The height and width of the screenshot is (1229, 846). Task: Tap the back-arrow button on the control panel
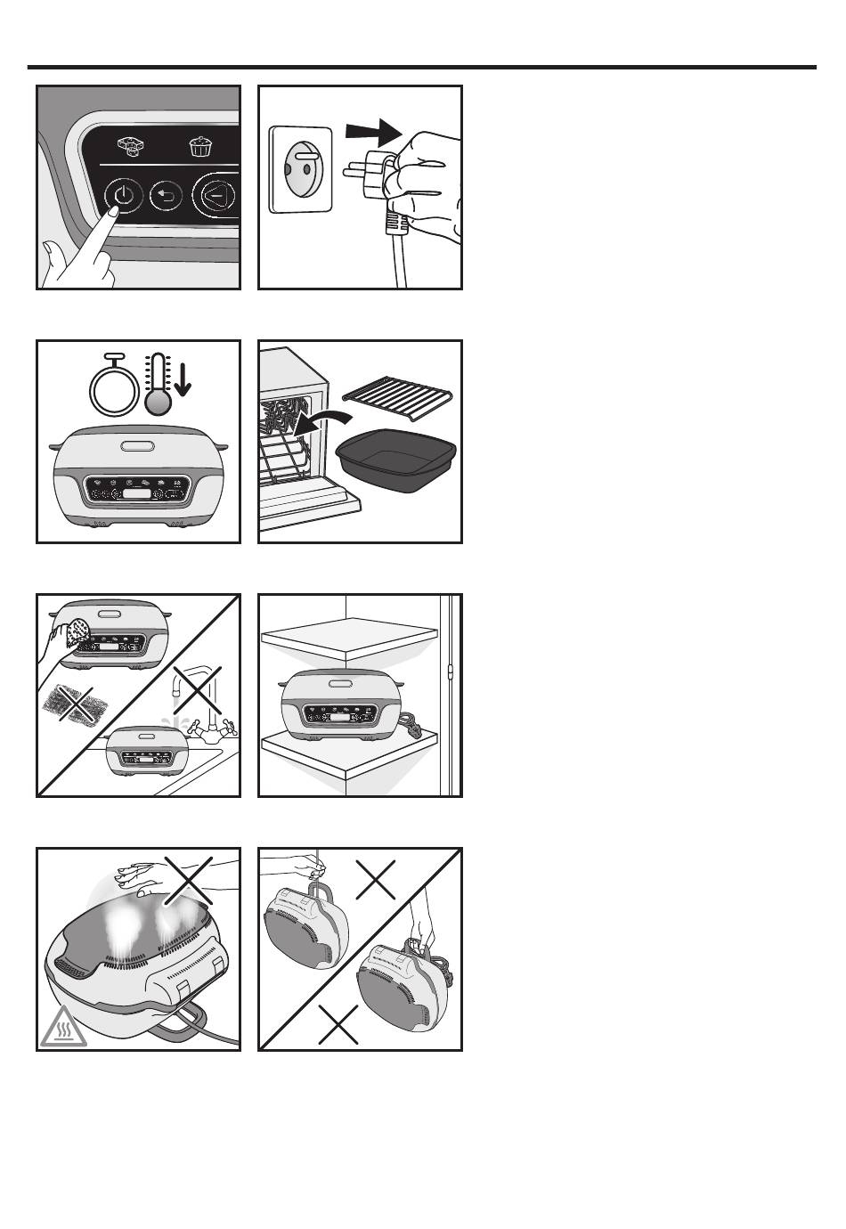[x=167, y=195]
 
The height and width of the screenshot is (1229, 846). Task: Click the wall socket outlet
[x=300, y=169]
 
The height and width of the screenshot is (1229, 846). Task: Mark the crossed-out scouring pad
[x=76, y=704]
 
